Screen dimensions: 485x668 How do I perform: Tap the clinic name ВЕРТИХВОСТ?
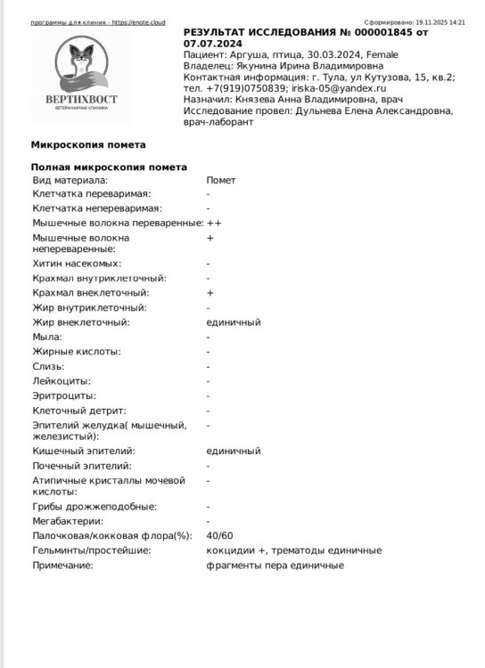[81, 100]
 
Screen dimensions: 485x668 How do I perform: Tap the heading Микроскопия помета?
[87, 144]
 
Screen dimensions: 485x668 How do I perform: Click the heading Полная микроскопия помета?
[109, 167]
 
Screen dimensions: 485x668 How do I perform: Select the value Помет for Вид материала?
[221, 180]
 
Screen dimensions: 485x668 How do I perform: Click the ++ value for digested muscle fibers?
[214, 223]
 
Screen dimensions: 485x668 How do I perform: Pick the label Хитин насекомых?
[77, 264]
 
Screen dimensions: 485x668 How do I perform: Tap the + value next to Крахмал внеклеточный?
[210, 292]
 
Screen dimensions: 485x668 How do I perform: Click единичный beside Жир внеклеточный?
[234, 322]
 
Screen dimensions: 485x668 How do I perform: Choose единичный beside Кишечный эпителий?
[234, 451]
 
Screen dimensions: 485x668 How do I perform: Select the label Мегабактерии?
[68, 521]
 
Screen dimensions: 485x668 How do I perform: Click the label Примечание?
[62, 566]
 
